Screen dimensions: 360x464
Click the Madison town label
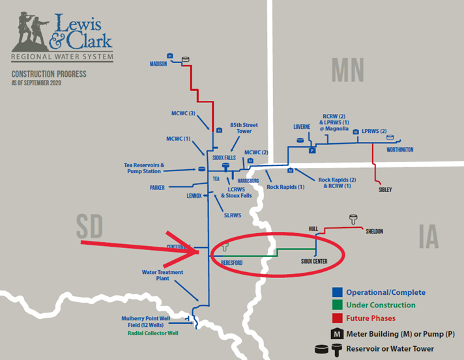click(x=158, y=64)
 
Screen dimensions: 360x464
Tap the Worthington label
click(x=399, y=150)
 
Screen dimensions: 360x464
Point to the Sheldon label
click(x=374, y=231)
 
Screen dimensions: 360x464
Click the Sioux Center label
click(x=314, y=261)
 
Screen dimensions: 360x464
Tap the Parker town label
click(x=157, y=187)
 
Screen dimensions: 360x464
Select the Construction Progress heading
click(x=49, y=75)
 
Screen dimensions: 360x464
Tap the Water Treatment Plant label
click(x=162, y=275)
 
